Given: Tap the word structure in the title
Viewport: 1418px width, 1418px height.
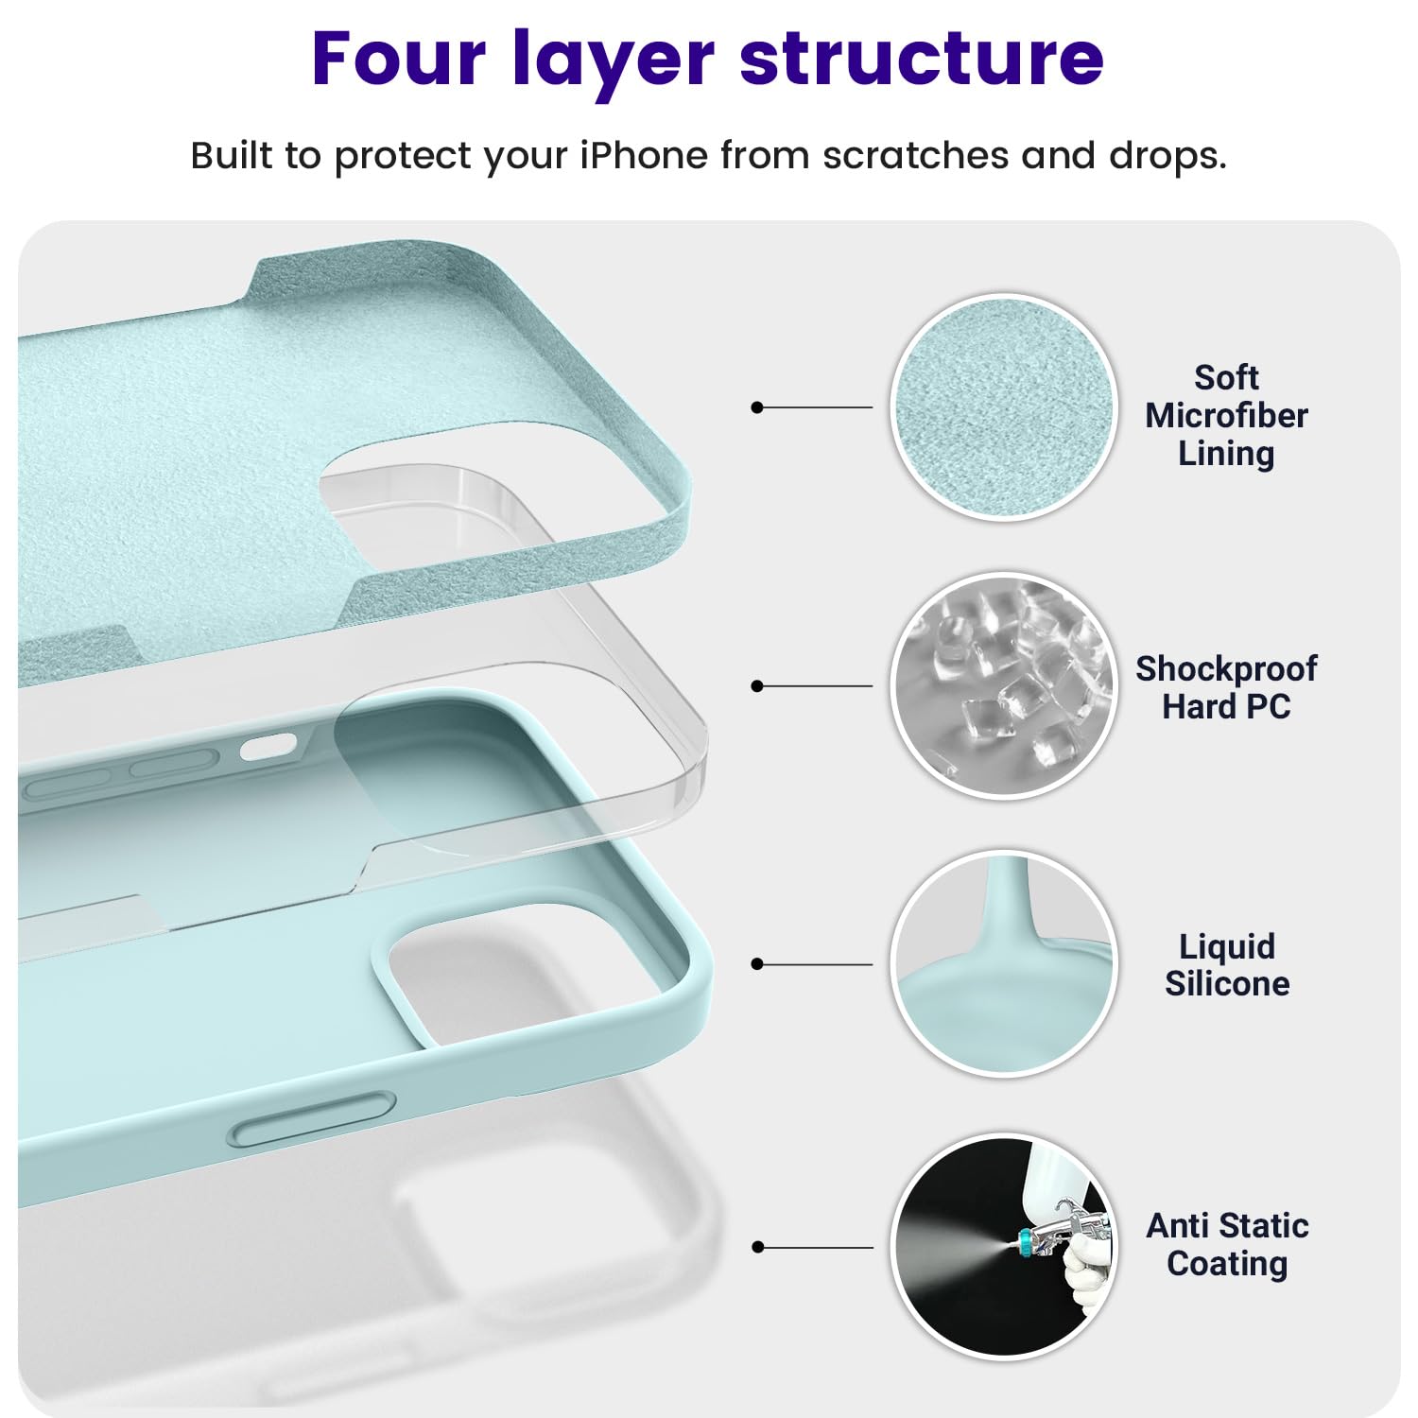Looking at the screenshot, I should [x=922, y=59].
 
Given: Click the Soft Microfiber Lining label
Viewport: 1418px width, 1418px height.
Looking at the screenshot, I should [x=1226, y=415].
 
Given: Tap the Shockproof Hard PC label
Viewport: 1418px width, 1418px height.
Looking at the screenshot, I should [x=1226, y=687].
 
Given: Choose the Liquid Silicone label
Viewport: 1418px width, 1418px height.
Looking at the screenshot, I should [x=1226, y=964].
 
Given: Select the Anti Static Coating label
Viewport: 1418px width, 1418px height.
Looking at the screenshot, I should [x=1226, y=1244].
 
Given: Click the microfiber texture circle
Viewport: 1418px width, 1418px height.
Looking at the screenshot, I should [x=1004, y=406].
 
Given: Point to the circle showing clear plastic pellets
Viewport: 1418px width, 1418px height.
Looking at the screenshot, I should [x=1004, y=685].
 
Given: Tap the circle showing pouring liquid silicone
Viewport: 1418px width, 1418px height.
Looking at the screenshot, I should [x=1004, y=964].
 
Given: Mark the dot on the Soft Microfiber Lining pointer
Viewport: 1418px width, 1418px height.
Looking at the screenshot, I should [x=756, y=407].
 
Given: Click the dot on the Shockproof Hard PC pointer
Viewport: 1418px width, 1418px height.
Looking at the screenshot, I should [x=756, y=686].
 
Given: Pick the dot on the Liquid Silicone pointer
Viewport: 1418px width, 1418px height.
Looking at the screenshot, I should [x=756, y=964].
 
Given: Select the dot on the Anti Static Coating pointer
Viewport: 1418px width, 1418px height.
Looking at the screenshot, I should [x=756, y=1248].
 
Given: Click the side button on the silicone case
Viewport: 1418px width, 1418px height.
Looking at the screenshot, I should [x=312, y=1120].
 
